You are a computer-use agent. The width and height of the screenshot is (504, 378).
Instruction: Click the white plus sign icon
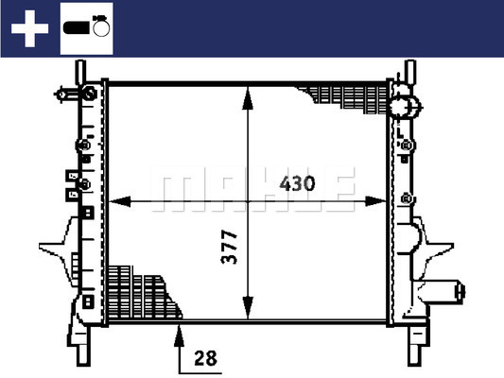pos(29,28)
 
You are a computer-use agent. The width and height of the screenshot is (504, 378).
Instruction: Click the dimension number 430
pos(297,183)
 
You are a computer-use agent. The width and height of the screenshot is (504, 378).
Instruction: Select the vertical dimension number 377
pos(230,247)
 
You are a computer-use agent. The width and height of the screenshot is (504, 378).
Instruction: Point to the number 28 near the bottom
pos(205,358)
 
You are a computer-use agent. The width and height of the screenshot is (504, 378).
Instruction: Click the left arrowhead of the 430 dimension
pos(119,201)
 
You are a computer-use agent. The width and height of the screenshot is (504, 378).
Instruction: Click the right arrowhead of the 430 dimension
pos(375,201)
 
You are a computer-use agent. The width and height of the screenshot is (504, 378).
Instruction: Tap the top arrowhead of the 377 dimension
pos(248,98)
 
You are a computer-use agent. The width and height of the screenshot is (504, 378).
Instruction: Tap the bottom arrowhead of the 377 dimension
pos(248,308)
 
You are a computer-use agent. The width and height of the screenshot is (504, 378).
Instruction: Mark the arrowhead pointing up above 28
pos(179,335)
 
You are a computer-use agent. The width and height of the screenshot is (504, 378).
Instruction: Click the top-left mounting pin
pos(80,72)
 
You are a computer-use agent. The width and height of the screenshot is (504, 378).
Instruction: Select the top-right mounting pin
pos(410,72)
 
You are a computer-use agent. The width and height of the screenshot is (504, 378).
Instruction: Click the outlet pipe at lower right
pos(442,291)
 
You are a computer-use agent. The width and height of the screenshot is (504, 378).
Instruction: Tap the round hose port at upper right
pos(406,107)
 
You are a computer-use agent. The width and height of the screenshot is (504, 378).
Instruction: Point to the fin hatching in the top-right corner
pos(344,99)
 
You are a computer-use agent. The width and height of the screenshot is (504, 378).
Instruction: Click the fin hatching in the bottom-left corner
pos(143,293)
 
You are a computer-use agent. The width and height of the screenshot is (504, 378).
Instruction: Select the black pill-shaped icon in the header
pos(76,27)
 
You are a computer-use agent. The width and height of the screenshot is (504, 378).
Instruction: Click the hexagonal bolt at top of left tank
pos(89,94)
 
